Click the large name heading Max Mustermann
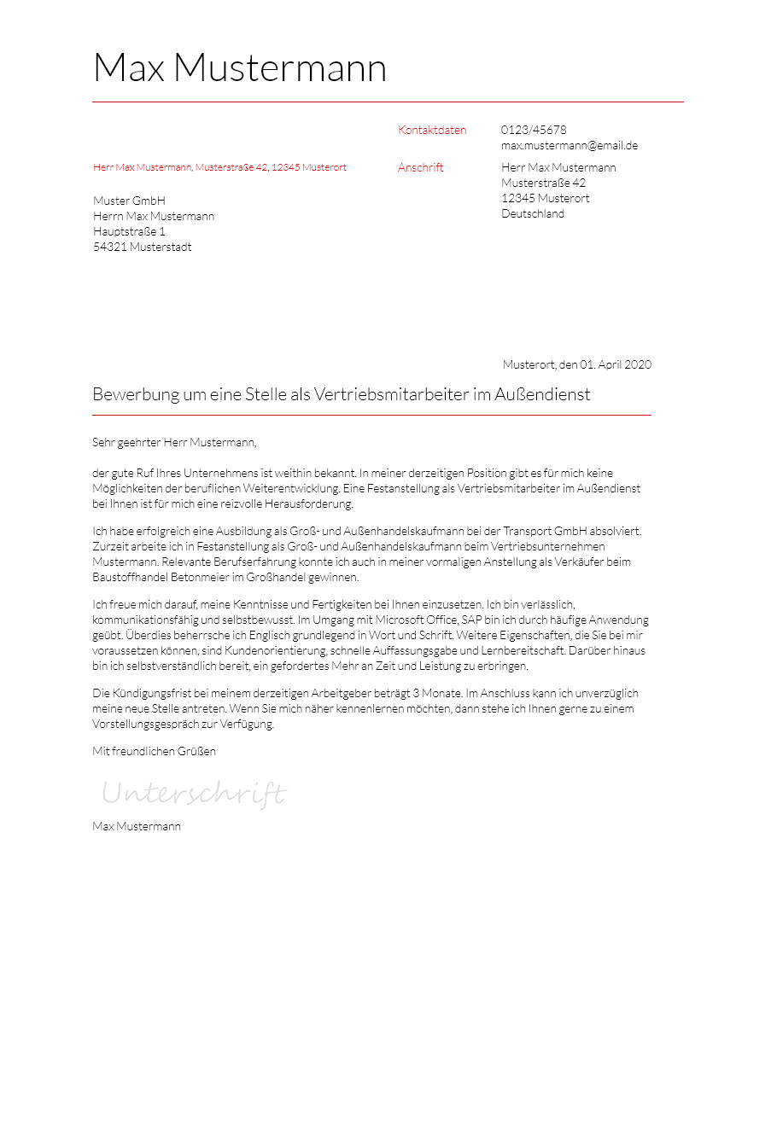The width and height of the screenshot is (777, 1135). point(239,68)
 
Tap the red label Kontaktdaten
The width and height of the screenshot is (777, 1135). point(432,131)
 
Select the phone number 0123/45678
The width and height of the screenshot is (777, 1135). point(534,131)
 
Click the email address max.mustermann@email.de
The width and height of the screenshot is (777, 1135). point(570,146)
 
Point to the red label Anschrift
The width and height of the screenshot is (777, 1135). point(421,168)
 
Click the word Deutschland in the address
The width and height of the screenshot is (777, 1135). point(533,214)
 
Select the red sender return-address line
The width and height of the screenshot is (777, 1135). point(219,168)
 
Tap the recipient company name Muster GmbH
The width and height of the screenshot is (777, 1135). point(129,201)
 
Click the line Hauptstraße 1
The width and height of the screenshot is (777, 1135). point(129,232)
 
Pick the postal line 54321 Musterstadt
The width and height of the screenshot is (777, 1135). point(143,247)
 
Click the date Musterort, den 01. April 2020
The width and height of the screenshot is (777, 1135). point(577,365)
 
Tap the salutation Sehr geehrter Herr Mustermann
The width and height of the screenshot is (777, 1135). point(174,443)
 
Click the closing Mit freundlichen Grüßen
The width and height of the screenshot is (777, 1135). point(154,752)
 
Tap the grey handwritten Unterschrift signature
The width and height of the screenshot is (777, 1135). point(194,794)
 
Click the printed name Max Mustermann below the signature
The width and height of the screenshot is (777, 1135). point(137,827)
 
